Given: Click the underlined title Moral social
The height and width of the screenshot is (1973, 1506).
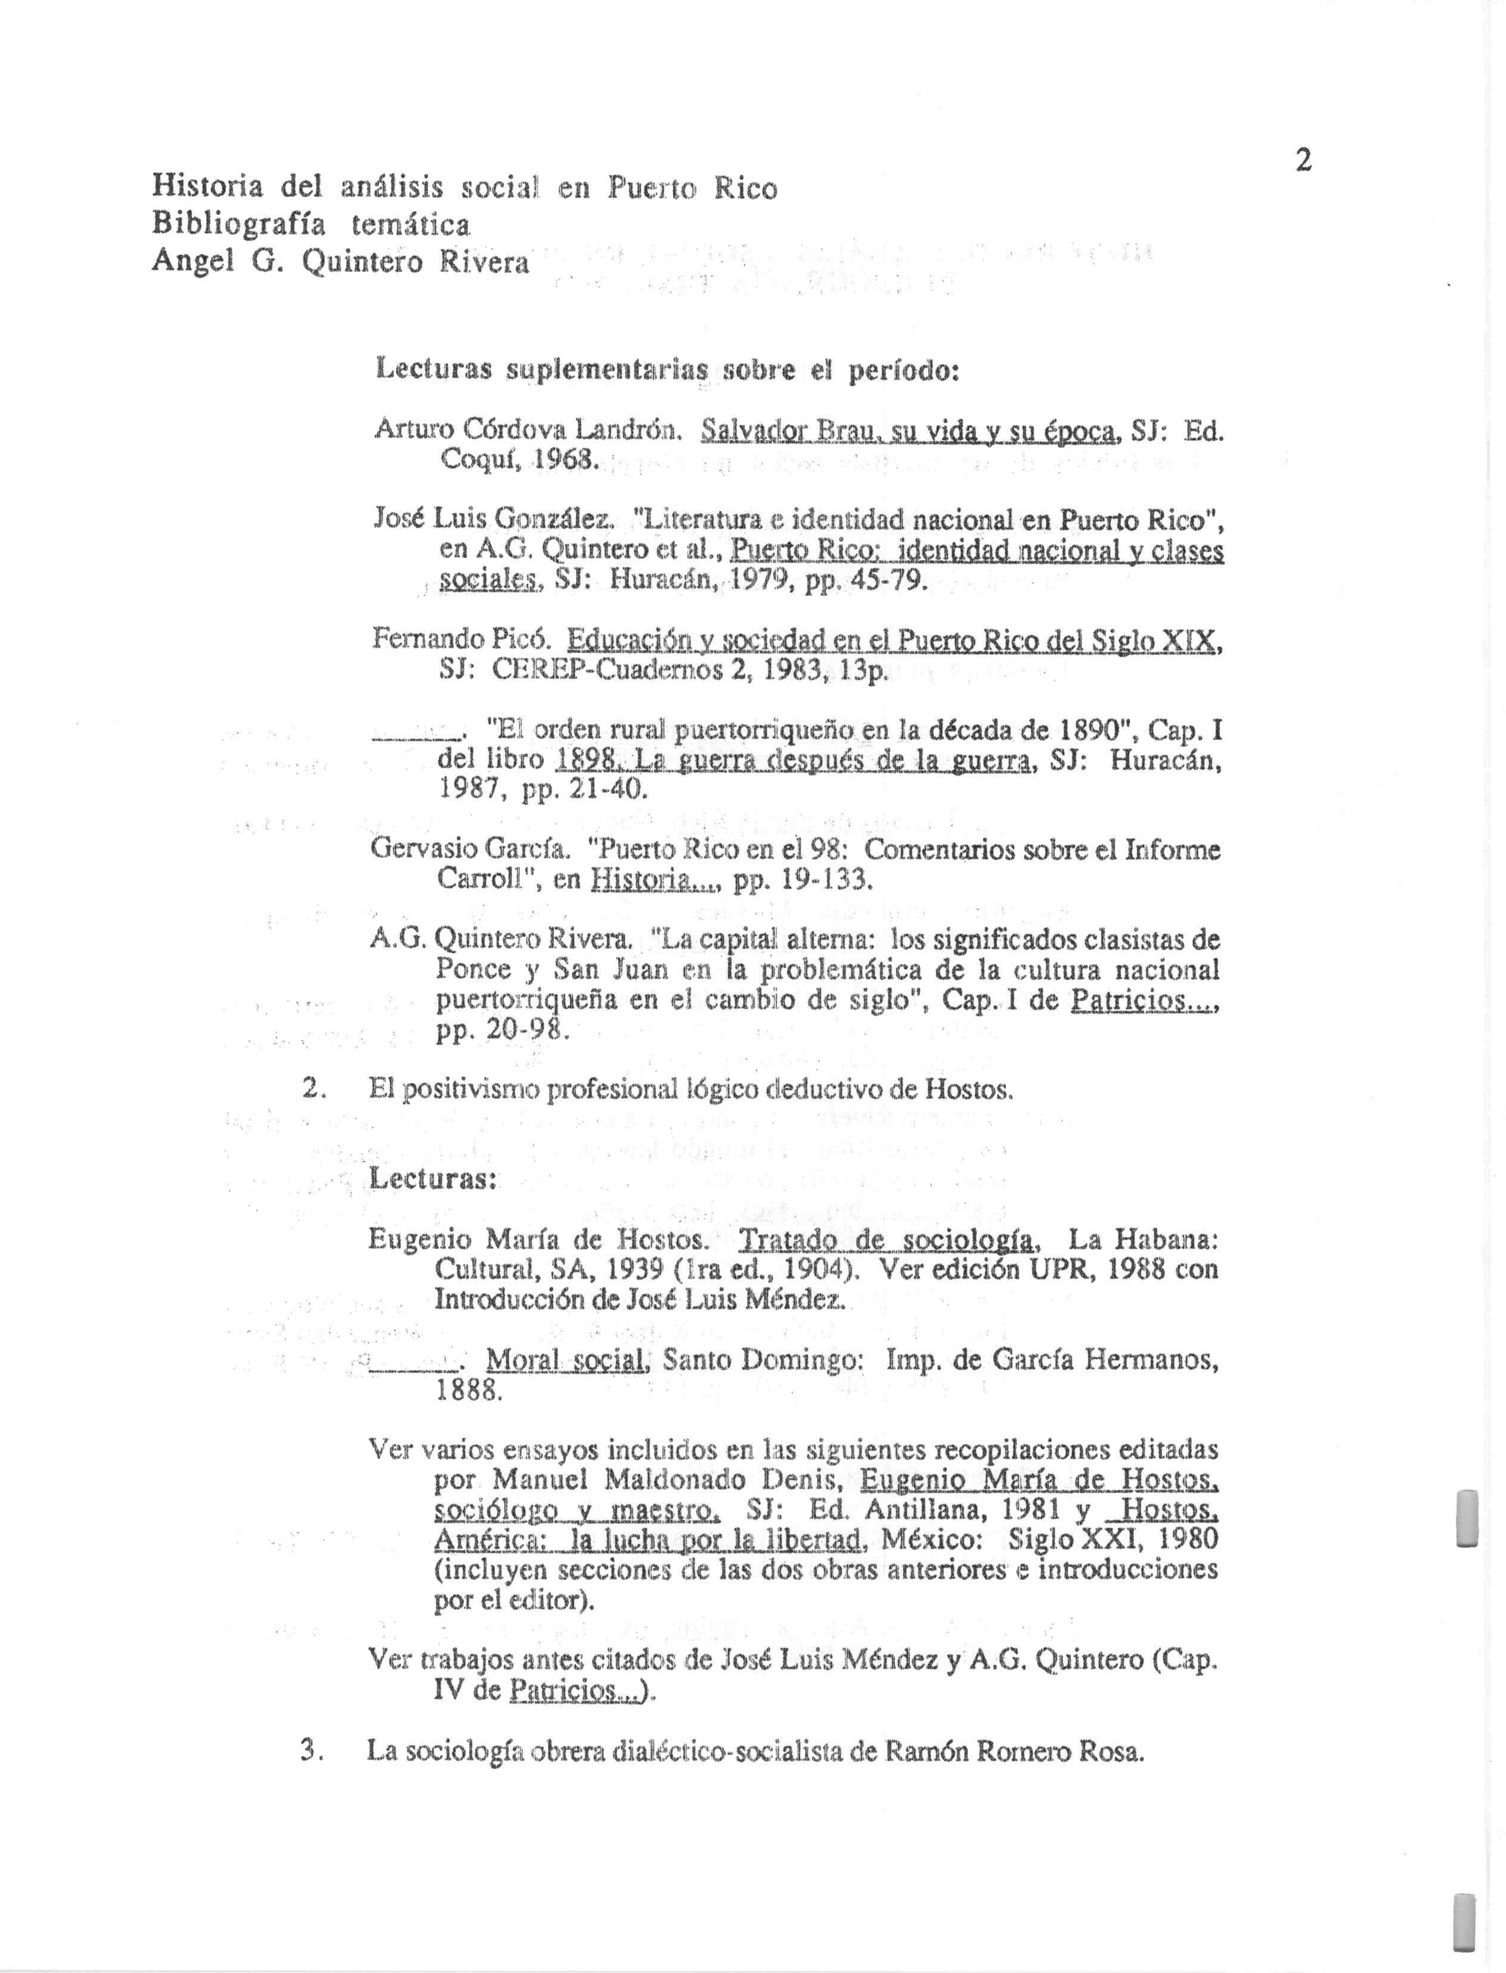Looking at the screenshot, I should point(566,1361).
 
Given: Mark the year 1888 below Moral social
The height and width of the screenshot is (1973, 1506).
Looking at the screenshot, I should point(466,1390).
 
